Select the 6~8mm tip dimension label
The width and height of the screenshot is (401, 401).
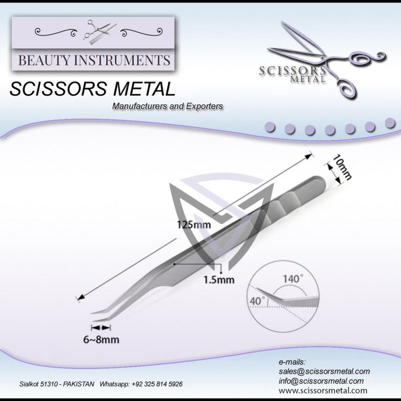coord(104,340)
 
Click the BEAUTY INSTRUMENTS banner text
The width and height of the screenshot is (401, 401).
coord(94,61)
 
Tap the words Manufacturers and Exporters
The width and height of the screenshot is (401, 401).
coord(167,106)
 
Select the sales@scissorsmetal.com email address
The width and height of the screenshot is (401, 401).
coord(324,371)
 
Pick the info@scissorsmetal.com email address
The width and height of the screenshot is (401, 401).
coord(321,381)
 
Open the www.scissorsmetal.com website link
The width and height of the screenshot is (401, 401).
coord(323,390)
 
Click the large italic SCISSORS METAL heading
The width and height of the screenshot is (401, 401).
coord(93,89)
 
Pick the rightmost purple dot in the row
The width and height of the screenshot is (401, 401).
coord(389,123)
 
